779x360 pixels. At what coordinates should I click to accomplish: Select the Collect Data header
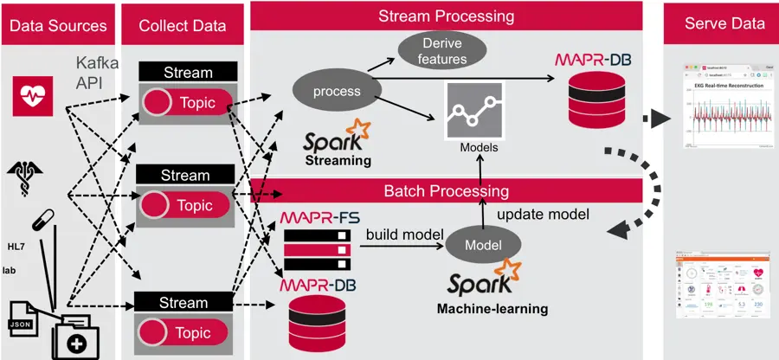(x=183, y=24)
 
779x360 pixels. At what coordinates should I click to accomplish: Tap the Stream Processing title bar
(x=446, y=16)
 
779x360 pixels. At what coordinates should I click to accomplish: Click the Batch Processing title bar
(x=446, y=191)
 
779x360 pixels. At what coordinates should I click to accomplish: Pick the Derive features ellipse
(x=445, y=51)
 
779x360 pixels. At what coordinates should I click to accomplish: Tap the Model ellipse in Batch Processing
(x=483, y=245)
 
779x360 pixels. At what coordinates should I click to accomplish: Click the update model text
(x=544, y=214)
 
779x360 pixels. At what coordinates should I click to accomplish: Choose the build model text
(x=405, y=235)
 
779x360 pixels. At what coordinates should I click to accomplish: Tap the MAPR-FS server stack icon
(x=319, y=249)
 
